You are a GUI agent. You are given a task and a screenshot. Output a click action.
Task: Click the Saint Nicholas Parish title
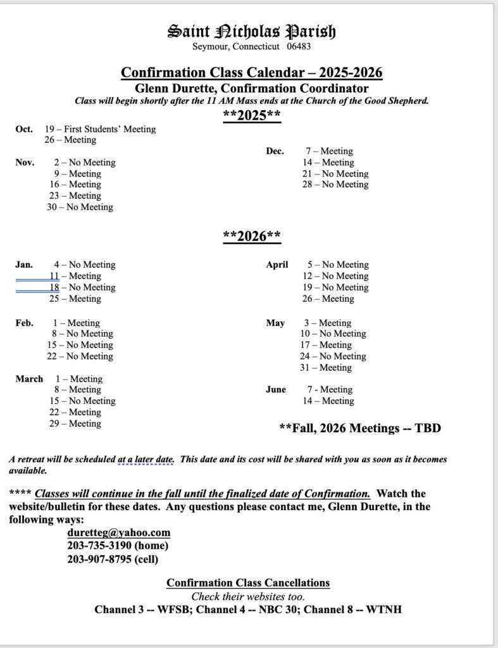point(251,31)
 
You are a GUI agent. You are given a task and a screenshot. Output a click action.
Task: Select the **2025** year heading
point(252,115)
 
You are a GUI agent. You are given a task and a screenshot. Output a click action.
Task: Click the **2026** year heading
point(252,236)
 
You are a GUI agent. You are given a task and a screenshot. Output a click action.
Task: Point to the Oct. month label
point(24,129)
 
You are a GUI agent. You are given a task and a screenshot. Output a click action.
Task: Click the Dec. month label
point(275,151)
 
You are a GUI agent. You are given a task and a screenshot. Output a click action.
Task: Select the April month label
point(277,265)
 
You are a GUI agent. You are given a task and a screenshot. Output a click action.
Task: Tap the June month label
point(276,390)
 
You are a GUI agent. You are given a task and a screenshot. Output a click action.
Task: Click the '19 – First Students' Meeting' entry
point(100,129)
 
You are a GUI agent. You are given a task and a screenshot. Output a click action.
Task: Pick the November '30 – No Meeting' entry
point(80,207)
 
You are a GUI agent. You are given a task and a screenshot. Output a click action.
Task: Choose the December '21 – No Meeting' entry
point(335,173)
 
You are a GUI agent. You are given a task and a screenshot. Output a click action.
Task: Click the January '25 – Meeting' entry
point(75,299)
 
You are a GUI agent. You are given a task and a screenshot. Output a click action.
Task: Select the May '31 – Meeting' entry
point(326,368)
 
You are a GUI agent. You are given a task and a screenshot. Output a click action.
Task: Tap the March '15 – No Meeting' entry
point(82,401)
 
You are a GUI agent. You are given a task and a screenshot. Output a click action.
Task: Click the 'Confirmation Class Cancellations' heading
point(248,582)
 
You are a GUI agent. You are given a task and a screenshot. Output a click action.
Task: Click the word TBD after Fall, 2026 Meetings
point(428,428)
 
